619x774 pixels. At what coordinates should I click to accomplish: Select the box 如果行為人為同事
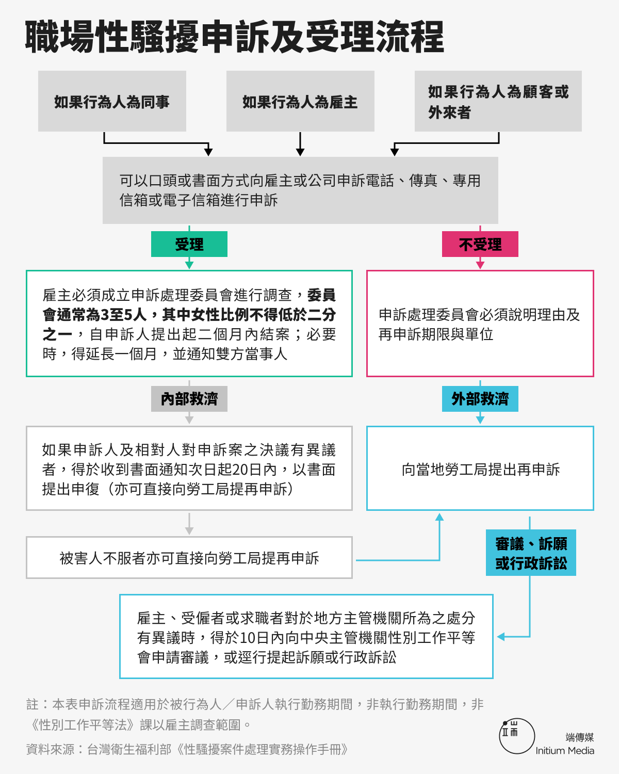click(x=112, y=101)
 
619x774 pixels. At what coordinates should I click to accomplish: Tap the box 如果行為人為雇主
click(x=300, y=101)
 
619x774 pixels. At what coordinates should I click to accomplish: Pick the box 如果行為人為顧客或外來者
click(x=498, y=101)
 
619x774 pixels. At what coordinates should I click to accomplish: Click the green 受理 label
click(x=189, y=244)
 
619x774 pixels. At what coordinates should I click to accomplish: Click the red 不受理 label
click(x=480, y=244)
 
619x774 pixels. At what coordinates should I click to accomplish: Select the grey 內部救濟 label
click(x=189, y=398)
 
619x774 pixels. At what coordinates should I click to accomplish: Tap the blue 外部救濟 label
click(x=480, y=398)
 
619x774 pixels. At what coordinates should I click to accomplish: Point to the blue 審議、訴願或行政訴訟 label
click(x=531, y=553)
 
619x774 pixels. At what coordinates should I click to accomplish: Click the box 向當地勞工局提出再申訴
click(x=480, y=469)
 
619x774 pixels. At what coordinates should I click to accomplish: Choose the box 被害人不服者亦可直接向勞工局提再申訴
click(x=189, y=557)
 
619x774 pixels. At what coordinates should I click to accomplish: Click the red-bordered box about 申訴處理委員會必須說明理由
click(x=480, y=324)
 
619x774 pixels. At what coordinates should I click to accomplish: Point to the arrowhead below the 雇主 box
click(x=300, y=152)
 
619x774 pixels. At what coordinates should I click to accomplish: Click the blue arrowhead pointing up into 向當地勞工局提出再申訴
click(x=439, y=517)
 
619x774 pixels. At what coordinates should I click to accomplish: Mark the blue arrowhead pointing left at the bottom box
click(x=501, y=637)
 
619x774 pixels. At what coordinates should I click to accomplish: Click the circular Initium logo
click(x=517, y=736)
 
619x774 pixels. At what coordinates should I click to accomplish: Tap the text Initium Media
click(x=565, y=751)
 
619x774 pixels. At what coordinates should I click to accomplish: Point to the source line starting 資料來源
click(x=187, y=749)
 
